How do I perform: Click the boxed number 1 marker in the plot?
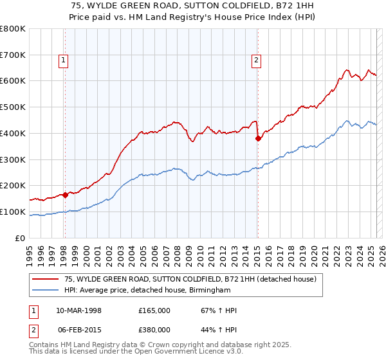point(64,61)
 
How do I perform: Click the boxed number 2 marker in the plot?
point(256,61)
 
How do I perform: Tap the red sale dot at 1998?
point(65,195)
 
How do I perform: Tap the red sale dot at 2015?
point(258,138)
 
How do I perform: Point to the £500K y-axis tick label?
point(13,107)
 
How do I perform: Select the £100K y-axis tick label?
point(13,212)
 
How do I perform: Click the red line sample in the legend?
point(46,280)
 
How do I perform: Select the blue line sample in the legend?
point(46,291)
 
